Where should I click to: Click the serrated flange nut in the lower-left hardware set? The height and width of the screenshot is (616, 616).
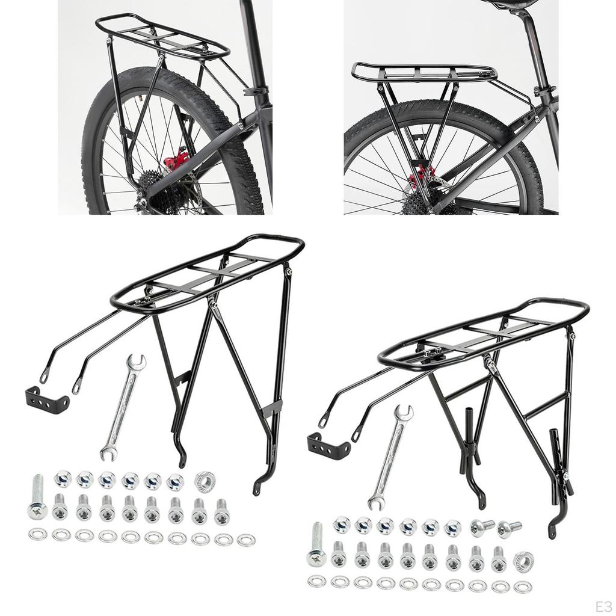(203, 481)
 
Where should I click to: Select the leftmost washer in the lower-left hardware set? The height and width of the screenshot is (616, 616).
(35, 533)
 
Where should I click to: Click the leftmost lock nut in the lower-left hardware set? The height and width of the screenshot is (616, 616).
(63, 479)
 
